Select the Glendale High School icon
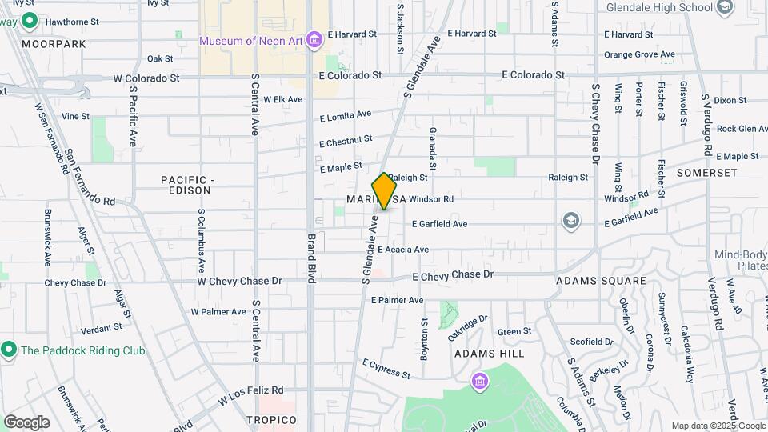[x=725, y=8]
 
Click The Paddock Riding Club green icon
[x=9, y=350]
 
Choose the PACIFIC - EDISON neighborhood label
[x=185, y=185]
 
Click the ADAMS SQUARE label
[x=601, y=281]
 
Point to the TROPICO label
[x=271, y=420]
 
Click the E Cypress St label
[x=386, y=369]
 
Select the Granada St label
[x=432, y=148]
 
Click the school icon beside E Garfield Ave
[x=570, y=221]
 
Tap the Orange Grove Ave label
[x=639, y=54]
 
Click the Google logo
[x=26, y=422]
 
